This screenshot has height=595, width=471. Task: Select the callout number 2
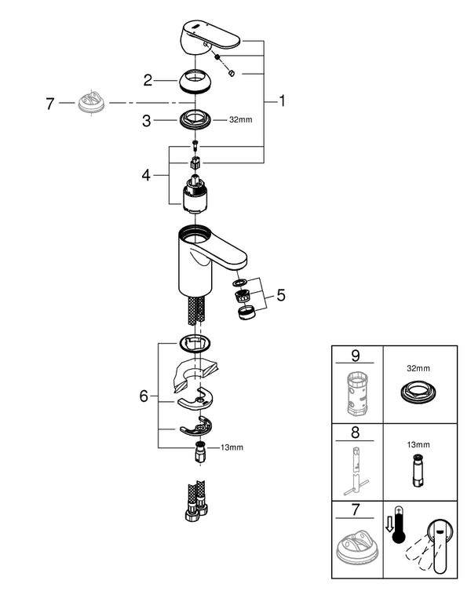pyautogui.click(x=147, y=79)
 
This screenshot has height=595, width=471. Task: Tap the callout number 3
pyautogui.click(x=147, y=121)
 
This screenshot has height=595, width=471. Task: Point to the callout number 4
pyautogui.click(x=145, y=174)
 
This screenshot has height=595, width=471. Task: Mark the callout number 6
pyautogui.click(x=144, y=396)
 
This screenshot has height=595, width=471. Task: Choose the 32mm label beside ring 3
pyautogui.click(x=240, y=121)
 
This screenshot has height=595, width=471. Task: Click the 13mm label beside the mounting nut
pyautogui.click(x=232, y=447)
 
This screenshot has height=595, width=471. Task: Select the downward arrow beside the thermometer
pyautogui.click(x=387, y=533)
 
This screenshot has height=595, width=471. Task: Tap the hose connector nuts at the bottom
pyautogui.click(x=195, y=510)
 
